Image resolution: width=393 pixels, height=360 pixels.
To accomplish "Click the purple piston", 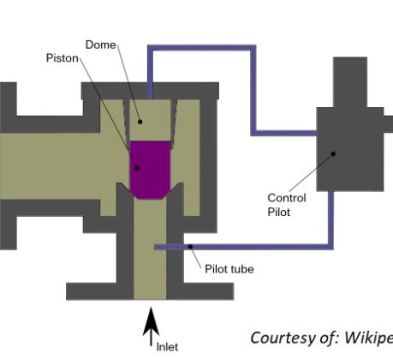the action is click(x=150, y=170).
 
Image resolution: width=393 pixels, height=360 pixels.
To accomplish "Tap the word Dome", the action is click(x=101, y=45).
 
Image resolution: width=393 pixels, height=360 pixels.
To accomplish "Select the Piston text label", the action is click(x=63, y=58).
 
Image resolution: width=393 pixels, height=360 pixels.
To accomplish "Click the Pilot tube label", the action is click(x=229, y=269).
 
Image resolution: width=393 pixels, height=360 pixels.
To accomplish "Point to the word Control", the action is click(x=287, y=198).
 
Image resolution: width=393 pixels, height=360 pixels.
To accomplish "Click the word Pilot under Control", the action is click(x=279, y=212).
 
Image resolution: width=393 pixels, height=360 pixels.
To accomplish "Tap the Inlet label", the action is click(x=167, y=347).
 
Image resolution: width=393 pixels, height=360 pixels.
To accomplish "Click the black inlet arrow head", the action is click(x=151, y=321).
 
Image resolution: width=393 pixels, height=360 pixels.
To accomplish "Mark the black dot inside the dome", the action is click(x=140, y=122).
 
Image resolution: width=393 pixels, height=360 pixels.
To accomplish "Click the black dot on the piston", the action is click(x=137, y=168).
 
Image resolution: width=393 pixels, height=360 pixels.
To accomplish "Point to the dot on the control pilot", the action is click(x=333, y=154).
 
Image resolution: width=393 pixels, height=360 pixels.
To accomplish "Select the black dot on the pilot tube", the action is click(x=190, y=247).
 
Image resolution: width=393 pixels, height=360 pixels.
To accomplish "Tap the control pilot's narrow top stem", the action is click(x=350, y=82).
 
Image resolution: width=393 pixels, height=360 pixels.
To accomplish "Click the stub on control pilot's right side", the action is click(x=389, y=124).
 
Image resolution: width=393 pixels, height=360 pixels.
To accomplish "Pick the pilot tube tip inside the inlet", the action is click(x=156, y=247).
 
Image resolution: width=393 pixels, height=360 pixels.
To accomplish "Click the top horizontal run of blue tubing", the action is click(x=201, y=48).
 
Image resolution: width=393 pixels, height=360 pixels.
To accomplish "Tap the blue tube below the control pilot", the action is click(x=330, y=220).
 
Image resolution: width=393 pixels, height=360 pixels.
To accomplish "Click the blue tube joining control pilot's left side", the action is click(x=283, y=133).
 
